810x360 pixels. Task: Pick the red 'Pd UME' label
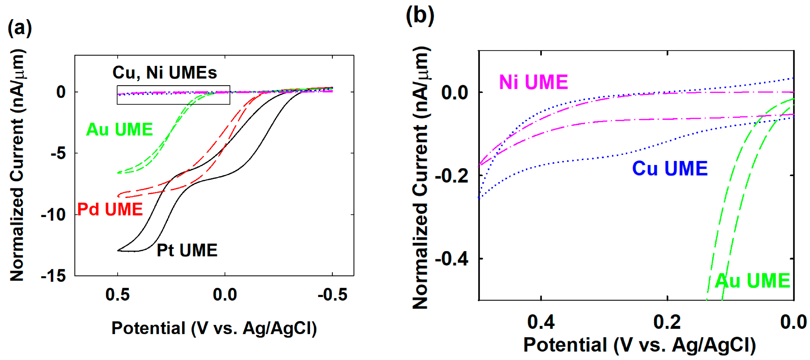pyautogui.click(x=110, y=209)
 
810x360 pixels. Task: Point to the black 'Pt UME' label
pyautogui.click(x=187, y=250)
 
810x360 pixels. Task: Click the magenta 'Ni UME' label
pyautogui.click(x=534, y=82)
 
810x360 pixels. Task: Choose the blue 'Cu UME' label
pyautogui.click(x=670, y=168)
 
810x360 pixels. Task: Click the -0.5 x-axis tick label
pyautogui.click(x=332, y=295)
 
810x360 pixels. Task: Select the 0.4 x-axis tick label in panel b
pyautogui.click(x=541, y=322)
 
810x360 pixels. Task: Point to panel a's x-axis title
pyautogui.click(x=214, y=328)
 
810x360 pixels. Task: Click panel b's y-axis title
pyautogui.click(x=420, y=178)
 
